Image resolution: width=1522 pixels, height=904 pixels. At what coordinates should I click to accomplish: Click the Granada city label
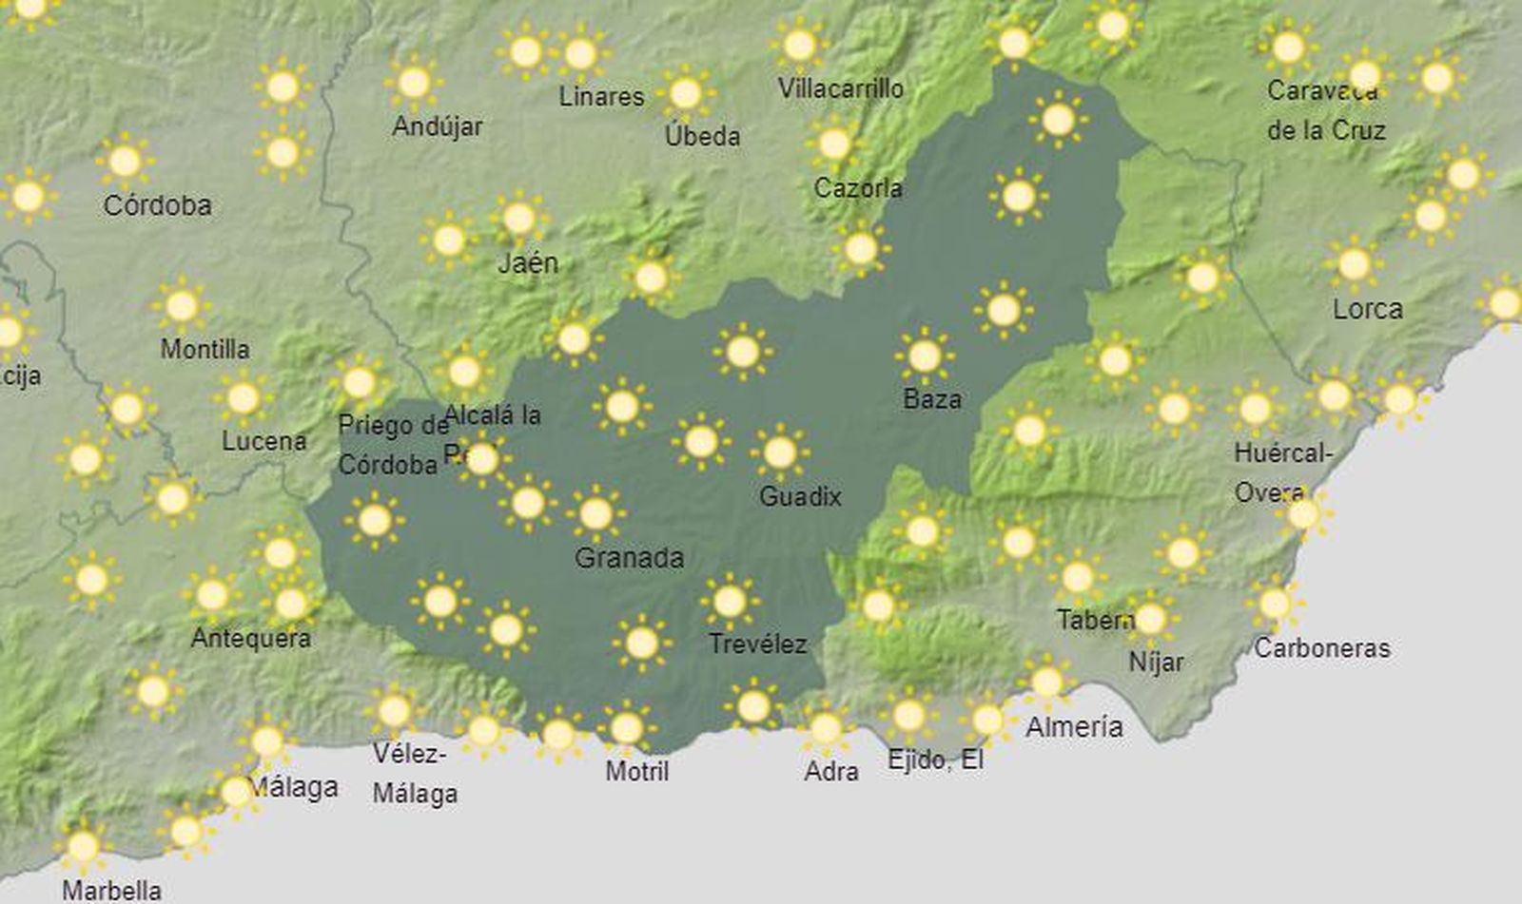[629, 557]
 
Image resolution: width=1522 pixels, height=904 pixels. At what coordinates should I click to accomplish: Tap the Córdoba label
[157, 205]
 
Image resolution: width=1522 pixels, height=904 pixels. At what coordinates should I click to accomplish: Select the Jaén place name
[528, 262]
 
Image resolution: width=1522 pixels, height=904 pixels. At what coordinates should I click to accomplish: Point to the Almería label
[1074, 727]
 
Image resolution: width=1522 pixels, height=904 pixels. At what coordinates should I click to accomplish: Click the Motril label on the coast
[636, 771]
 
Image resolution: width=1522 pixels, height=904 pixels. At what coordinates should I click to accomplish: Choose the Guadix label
[800, 496]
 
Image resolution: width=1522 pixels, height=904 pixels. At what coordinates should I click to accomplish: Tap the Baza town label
[931, 399]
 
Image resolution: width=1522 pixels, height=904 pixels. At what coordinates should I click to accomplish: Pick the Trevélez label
[757, 644]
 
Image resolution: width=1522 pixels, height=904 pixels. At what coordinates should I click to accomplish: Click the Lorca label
[1367, 309]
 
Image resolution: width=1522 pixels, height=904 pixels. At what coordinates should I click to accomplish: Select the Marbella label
[111, 891]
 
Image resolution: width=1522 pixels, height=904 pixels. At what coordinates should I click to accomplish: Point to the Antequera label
[250, 638]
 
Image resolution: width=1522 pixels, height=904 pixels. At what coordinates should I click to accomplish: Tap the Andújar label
[438, 125]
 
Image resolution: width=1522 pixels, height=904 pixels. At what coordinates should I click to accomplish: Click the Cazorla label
[857, 188]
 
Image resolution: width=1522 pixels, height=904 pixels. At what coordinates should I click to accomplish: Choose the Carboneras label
[1321, 648]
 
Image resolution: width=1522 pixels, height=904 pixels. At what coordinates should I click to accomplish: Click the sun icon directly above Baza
[924, 356]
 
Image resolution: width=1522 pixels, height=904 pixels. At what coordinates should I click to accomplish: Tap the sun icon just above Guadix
[780, 452]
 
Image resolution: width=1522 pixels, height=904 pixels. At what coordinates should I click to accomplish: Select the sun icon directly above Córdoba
[125, 162]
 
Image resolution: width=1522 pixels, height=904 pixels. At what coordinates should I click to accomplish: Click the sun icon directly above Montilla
[182, 306]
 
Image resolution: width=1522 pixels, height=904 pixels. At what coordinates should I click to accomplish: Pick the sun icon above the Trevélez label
[730, 602]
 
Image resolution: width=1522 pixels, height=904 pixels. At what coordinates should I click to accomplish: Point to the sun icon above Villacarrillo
[800, 45]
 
